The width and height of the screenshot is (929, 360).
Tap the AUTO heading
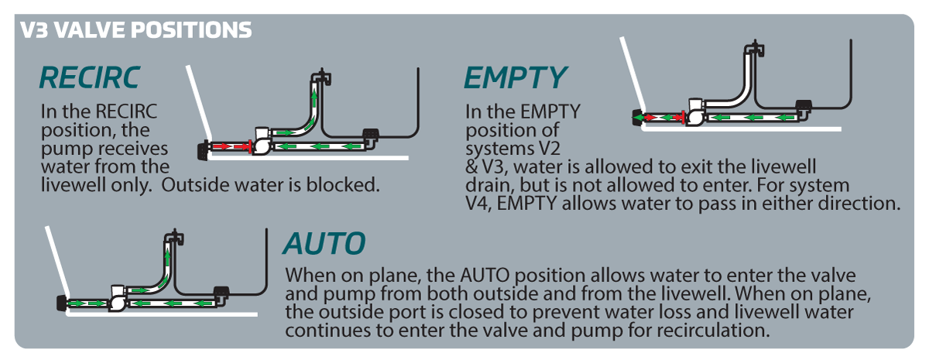pos(324,244)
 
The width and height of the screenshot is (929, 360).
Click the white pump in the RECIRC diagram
pos(262,142)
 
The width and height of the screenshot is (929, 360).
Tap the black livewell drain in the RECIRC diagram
pos(371,135)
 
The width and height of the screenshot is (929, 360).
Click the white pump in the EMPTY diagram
pos(694,113)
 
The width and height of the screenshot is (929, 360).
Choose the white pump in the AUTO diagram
pos(118,297)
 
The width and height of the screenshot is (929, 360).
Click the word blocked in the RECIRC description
pos(352,187)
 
